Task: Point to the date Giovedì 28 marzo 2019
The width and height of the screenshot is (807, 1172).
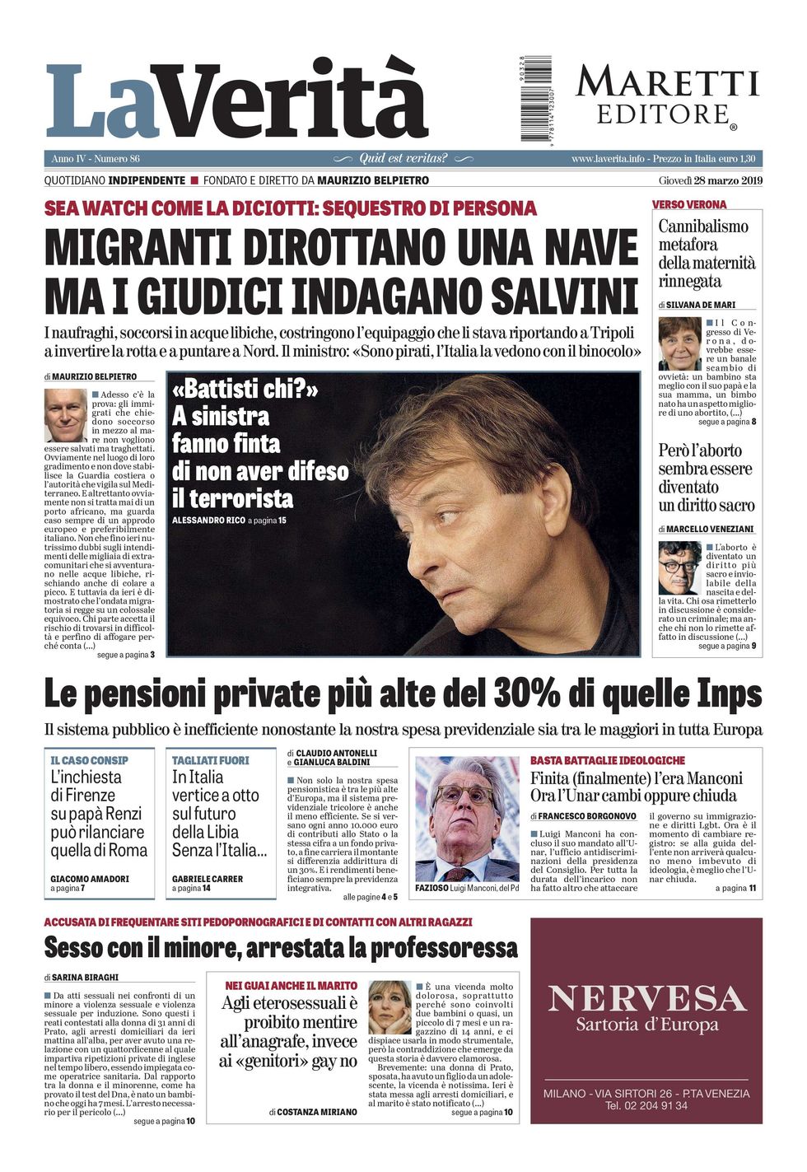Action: tap(710, 180)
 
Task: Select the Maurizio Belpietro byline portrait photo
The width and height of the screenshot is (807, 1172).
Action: tap(65, 415)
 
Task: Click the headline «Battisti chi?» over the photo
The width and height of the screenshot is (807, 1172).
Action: tap(245, 388)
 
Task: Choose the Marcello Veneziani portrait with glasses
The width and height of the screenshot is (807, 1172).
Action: tap(679, 567)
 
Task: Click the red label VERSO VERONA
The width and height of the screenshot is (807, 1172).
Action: tap(689, 204)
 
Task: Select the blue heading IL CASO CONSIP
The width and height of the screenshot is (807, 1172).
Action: tap(89, 760)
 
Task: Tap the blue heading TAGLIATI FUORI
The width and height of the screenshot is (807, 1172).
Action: tap(210, 760)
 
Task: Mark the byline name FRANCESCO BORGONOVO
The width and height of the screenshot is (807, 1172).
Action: tap(587, 816)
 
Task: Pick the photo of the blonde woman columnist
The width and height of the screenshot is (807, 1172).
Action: tap(390, 1006)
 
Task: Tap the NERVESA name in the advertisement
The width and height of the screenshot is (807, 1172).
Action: tap(646, 998)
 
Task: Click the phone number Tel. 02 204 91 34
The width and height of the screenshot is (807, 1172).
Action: tap(646, 1105)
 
